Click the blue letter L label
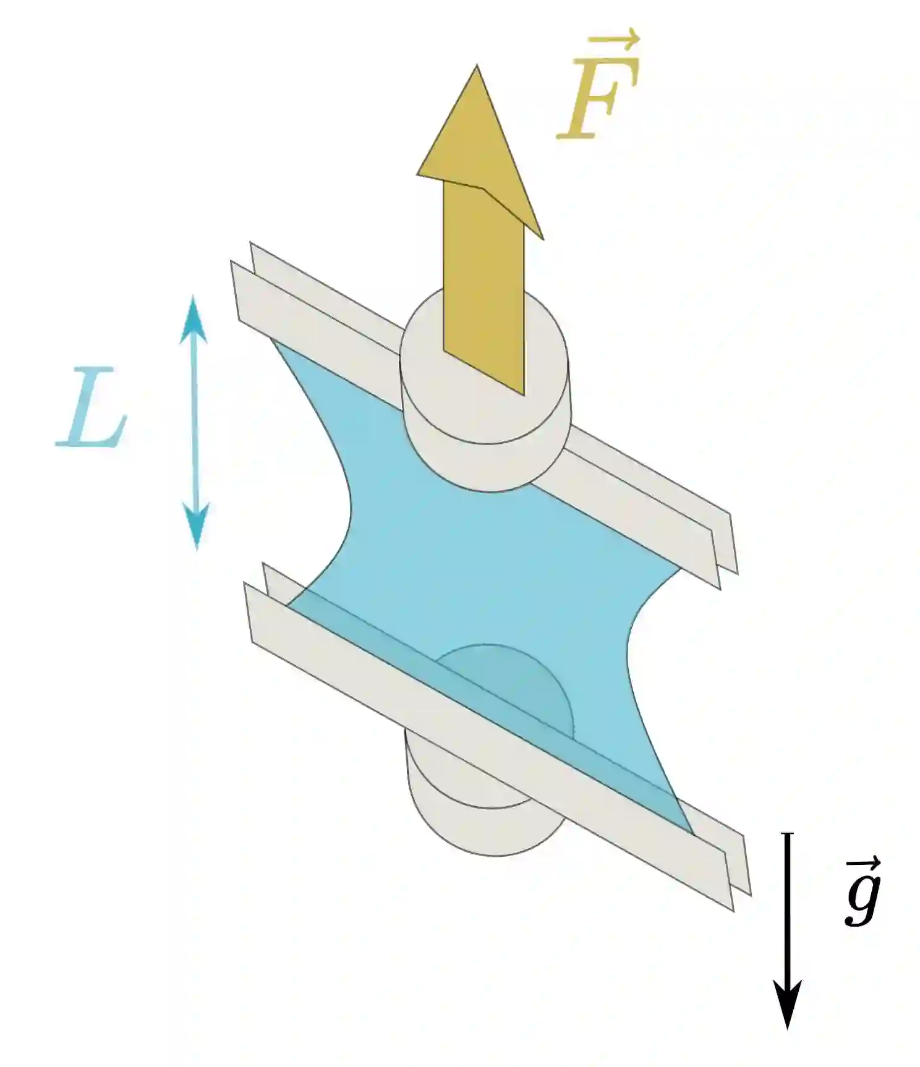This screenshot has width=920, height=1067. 93,408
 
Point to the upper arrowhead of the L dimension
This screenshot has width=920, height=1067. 194,318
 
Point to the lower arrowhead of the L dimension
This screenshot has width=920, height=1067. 197,525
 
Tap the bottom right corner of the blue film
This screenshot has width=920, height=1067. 691,831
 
